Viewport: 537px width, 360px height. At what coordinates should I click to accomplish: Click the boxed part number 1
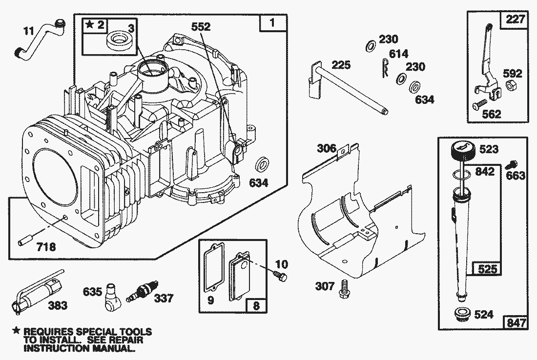[x=272, y=23]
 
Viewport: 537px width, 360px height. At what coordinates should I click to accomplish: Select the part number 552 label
[x=201, y=28]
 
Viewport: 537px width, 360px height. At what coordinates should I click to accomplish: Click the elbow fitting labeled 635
[x=114, y=295]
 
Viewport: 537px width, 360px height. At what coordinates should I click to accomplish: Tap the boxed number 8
[x=256, y=306]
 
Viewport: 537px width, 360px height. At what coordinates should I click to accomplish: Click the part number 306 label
[x=327, y=148]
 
